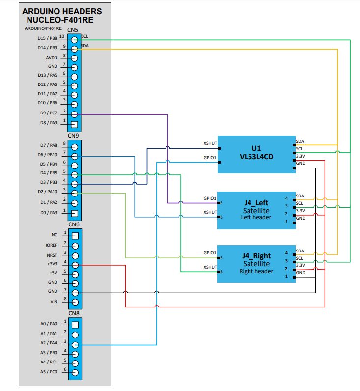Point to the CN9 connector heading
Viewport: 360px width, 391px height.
pos(74,136)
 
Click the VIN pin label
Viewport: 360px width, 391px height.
pos(54,302)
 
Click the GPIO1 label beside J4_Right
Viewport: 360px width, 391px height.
pos(210,253)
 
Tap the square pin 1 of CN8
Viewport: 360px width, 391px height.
pos(75,325)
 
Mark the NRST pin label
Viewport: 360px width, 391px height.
pos(53,254)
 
